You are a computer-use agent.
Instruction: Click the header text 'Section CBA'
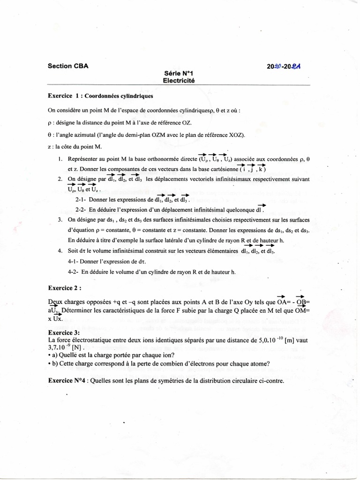coord(68,66)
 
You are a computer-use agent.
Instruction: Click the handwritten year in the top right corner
coord(283,67)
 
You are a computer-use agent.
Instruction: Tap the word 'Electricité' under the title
coord(178,80)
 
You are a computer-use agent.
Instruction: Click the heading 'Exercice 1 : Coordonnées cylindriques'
coord(100,96)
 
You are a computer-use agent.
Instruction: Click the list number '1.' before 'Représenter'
coord(60,159)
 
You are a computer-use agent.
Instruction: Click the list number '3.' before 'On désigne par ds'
coord(60,220)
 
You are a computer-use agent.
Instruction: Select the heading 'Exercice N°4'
coord(67,381)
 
